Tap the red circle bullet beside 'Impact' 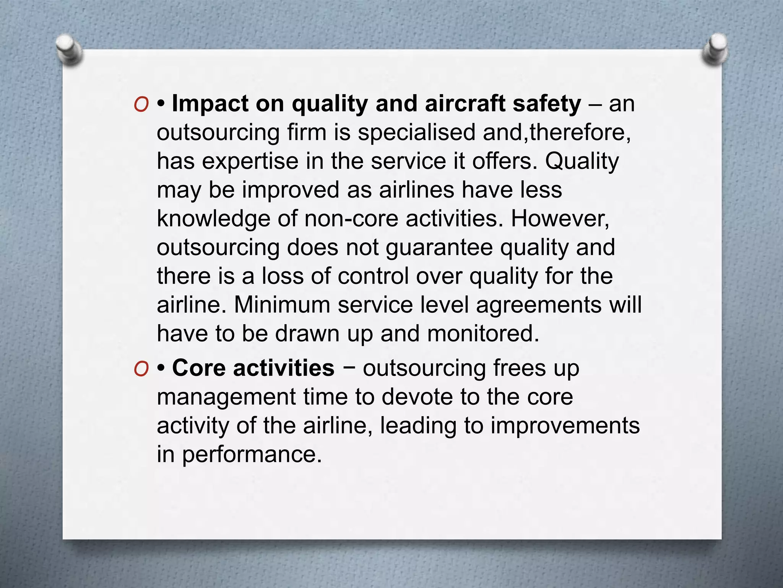tap(141, 104)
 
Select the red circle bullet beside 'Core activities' tap(141, 369)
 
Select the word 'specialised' tap(416, 132)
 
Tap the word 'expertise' tap(250, 161)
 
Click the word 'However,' tap(560, 219)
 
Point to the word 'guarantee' tap(439, 248)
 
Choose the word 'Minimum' tap(282, 305)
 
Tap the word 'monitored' tap(483, 333)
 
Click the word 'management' tap(226, 397)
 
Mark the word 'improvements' tap(565, 426)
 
